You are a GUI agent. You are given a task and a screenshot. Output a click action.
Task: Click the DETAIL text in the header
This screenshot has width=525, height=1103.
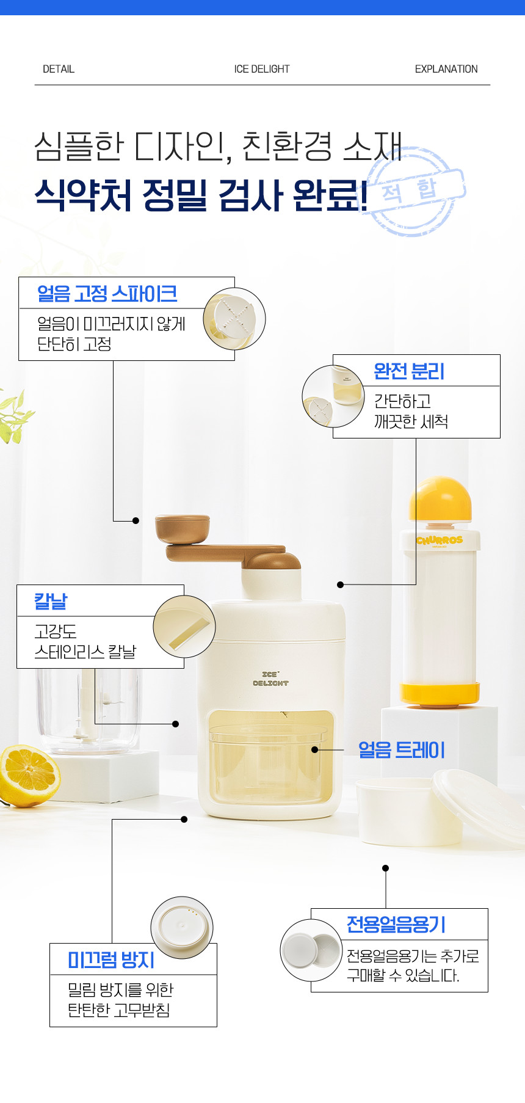[59, 69]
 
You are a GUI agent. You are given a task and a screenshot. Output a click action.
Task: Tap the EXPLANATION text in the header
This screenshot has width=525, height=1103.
[446, 69]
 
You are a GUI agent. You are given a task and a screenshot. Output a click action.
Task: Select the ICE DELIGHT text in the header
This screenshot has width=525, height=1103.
[262, 69]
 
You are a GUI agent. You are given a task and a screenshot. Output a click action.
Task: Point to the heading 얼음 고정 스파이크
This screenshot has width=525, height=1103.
[107, 294]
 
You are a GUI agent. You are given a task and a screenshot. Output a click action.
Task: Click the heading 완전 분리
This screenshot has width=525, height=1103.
[409, 371]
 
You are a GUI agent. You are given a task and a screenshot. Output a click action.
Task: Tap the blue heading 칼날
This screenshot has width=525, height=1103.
[51, 601]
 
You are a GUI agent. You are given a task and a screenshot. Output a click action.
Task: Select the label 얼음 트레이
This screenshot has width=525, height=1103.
[401, 750]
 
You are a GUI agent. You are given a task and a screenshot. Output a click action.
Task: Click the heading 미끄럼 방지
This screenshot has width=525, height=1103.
[111, 959]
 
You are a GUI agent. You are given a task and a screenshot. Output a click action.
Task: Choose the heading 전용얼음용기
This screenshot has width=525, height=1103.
[396, 924]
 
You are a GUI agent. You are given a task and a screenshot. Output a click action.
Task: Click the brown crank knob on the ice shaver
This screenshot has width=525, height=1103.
[183, 528]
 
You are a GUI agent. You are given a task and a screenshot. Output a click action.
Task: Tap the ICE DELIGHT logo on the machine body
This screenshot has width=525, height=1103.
[270, 679]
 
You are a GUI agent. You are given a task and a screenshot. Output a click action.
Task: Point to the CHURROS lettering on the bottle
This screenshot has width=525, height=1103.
[440, 541]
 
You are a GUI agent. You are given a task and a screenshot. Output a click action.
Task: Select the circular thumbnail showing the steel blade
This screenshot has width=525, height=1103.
[184, 627]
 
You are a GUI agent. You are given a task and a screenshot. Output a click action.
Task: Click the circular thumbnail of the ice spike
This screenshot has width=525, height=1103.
[234, 319]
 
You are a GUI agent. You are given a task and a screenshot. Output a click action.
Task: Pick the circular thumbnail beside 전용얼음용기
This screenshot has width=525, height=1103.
[311, 950]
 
